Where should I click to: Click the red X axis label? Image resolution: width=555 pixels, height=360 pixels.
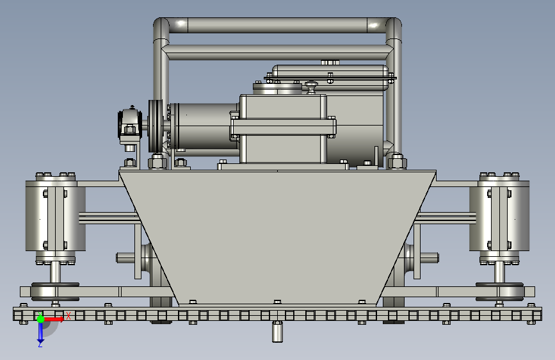(x=68, y=316)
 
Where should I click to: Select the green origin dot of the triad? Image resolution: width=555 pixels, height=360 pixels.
(x=41, y=319)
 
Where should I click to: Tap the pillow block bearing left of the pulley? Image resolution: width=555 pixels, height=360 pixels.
(x=130, y=125)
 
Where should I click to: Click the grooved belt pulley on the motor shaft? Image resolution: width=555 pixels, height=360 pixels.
(x=156, y=126)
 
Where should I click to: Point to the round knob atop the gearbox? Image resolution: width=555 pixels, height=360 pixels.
(x=312, y=87)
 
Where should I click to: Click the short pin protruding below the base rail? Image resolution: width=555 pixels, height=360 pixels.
(x=278, y=332)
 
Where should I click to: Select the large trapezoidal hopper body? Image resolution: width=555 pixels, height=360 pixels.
(x=278, y=238)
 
